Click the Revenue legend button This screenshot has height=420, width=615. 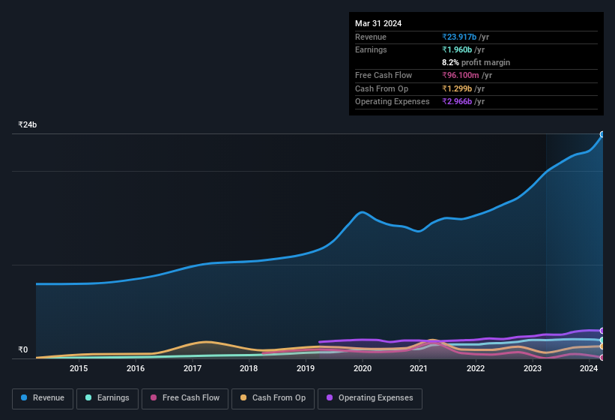tap(43, 398)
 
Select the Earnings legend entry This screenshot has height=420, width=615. tap(107, 398)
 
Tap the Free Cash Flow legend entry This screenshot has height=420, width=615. tap(185, 398)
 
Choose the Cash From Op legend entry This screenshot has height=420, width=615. tap(273, 398)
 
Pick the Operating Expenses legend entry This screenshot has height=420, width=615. tap(369, 398)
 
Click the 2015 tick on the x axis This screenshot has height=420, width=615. tap(79, 368)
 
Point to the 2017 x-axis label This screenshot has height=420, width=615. tap(193, 368)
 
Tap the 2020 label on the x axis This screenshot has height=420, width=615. tap(363, 368)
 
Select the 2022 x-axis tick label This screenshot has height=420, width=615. tap(476, 368)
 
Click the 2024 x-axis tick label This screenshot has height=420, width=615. tap(589, 368)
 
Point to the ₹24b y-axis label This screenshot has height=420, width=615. tap(28, 125)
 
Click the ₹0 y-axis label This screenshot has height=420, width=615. tap(22, 349)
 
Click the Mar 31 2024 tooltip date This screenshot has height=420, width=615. tap(378, 23)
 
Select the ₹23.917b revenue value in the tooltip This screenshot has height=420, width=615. tap(465, 37)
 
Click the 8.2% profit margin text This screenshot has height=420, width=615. tap(476, 62)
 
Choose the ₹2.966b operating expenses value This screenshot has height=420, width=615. tap(463, 101)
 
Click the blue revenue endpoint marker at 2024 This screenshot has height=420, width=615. tap(602, 135)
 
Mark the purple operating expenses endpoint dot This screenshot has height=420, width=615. tap(602, 331)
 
